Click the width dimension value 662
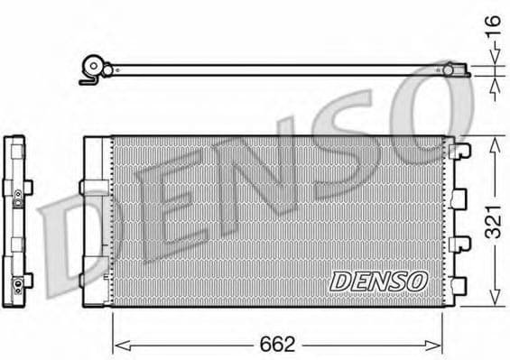[278, 345]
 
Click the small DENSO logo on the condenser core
[378, 281]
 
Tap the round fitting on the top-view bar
[92, 68]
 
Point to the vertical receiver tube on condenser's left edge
[96, 221]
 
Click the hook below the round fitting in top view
[87, 81]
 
